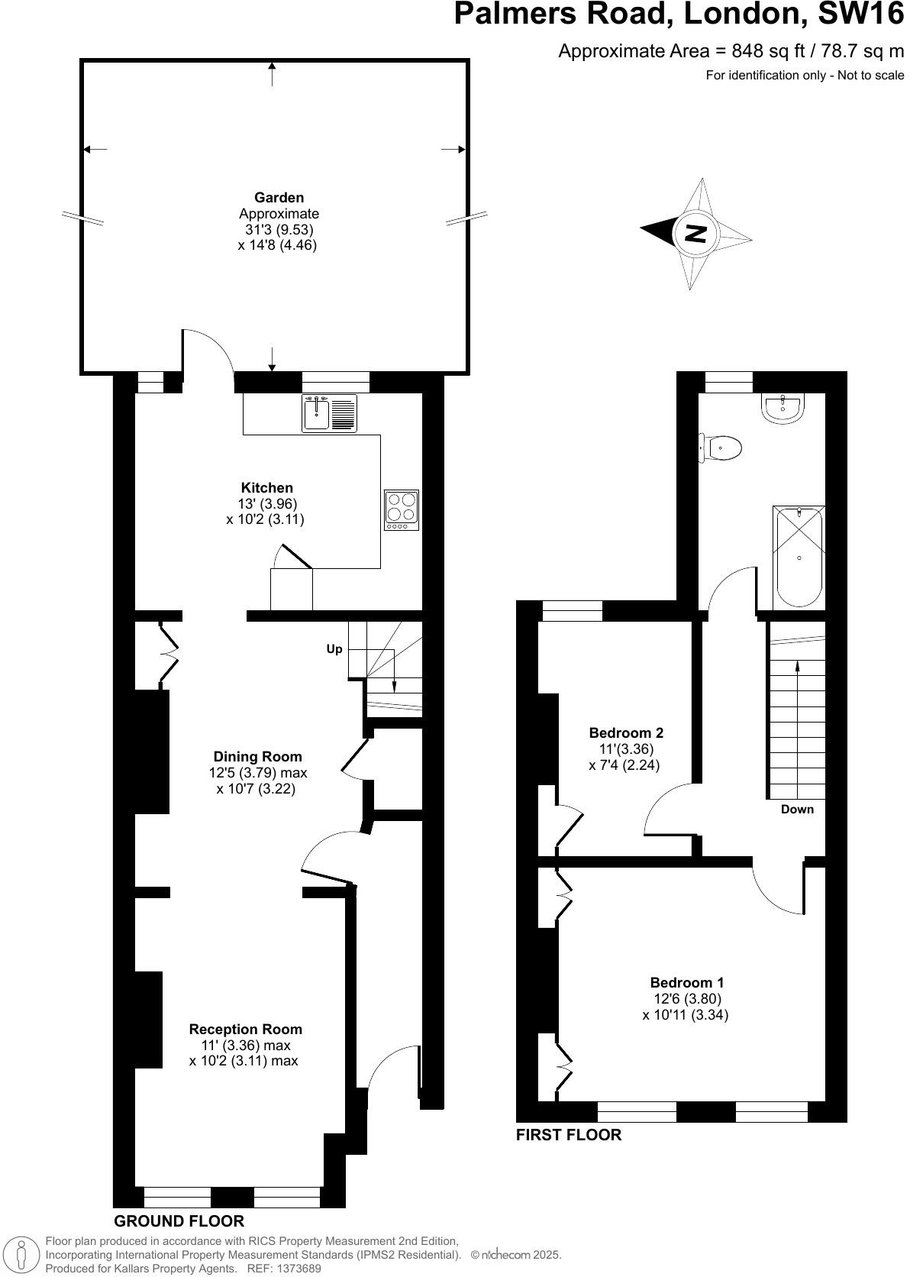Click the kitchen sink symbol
(x=329, y=413)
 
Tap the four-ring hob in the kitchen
(x=402, y=509)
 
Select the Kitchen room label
(x=266, y=487)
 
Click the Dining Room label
(x=257, y=756)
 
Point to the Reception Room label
(x=245, y=1029)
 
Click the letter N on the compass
(x=695, y=234)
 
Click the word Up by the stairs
(x=334, y=649)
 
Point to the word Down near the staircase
(x=797, y=809)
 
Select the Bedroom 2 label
(x=626, y=732)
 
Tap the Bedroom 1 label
(x=686, y=982)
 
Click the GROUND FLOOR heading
(x=179, y=1220)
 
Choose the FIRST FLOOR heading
(x=569, y=1134)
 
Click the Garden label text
(x=279, y=198)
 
